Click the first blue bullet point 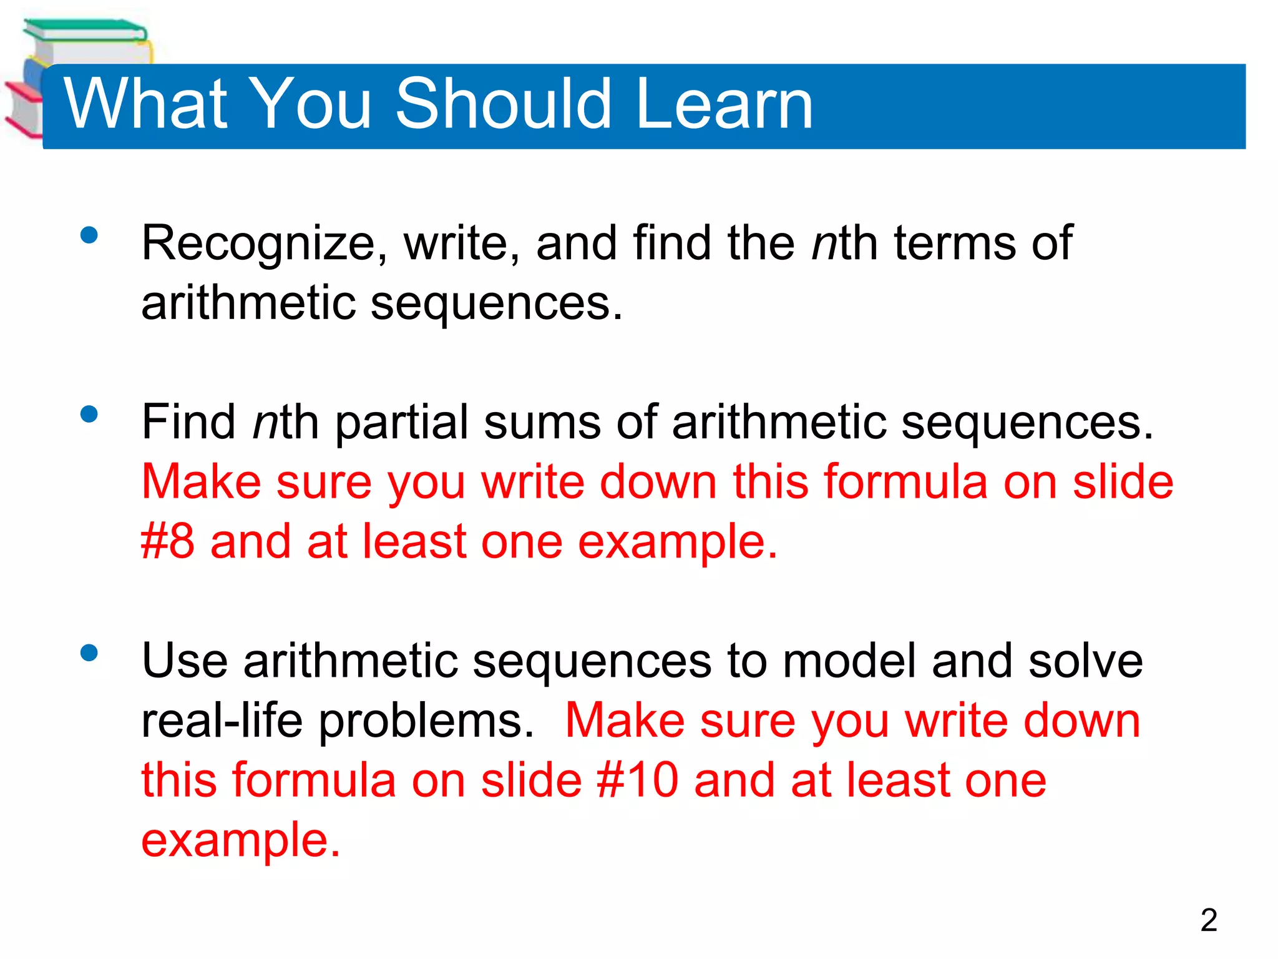pyautogui.click(x=89, y=235)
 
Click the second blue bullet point pyautogui.click(x=89, y=415)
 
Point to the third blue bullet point pyautogui.click(x=89, y=653)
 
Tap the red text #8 pyautogui.click(x=167, y=542)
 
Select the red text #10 pyautogui.click(x=637, y=780)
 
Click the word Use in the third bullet pyautogui.click(x=184, y=661)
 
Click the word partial pyautogui.click(x=401, y=423)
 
